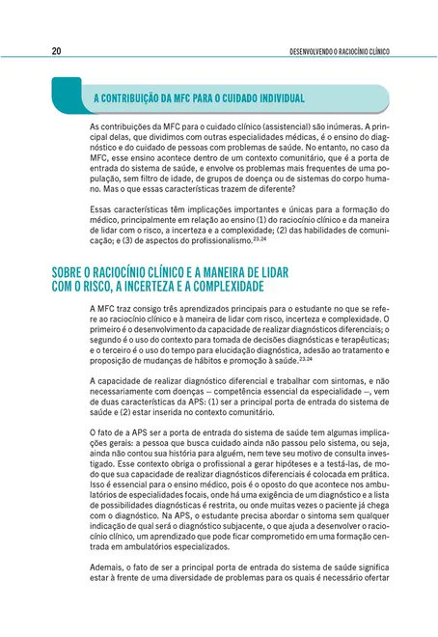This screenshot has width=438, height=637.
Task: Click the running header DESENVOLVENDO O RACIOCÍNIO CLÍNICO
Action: point(343,52)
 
